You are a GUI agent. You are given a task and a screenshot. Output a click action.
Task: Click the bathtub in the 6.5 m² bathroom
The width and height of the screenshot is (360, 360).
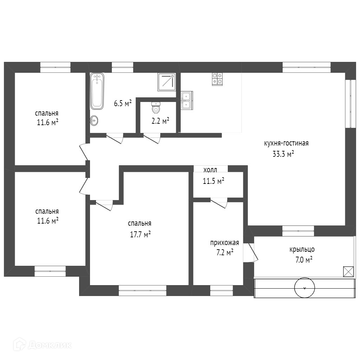coord(97,91)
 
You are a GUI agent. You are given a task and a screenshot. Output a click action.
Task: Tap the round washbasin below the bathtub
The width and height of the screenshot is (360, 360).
coord(94,121)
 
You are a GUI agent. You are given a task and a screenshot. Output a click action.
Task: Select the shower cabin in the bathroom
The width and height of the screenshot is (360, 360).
coord(166,82)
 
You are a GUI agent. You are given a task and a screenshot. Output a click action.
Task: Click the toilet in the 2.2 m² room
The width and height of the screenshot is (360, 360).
coord(156,108)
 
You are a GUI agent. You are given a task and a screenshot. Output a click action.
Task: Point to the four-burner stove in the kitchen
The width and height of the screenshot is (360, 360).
coord(217,79)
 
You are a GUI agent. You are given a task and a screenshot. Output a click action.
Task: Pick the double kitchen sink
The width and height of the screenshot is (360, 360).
coord(186,100)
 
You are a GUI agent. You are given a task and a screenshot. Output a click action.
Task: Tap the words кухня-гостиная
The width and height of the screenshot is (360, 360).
coord(286,143)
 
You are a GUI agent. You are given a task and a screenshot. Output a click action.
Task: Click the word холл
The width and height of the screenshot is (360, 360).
coord(210,170)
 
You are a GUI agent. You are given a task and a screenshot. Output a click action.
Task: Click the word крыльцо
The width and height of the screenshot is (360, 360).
coord(302,250)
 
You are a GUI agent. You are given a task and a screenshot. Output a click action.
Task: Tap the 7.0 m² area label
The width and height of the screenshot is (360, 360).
coord(302,260)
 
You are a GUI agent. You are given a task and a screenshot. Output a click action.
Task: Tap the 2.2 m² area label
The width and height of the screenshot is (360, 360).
coord(160,121)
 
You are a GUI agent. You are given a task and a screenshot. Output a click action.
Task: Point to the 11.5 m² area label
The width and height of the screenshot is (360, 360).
coord(213,181)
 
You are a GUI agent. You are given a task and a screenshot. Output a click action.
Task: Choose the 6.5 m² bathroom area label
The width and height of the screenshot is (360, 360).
coord(123,103)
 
